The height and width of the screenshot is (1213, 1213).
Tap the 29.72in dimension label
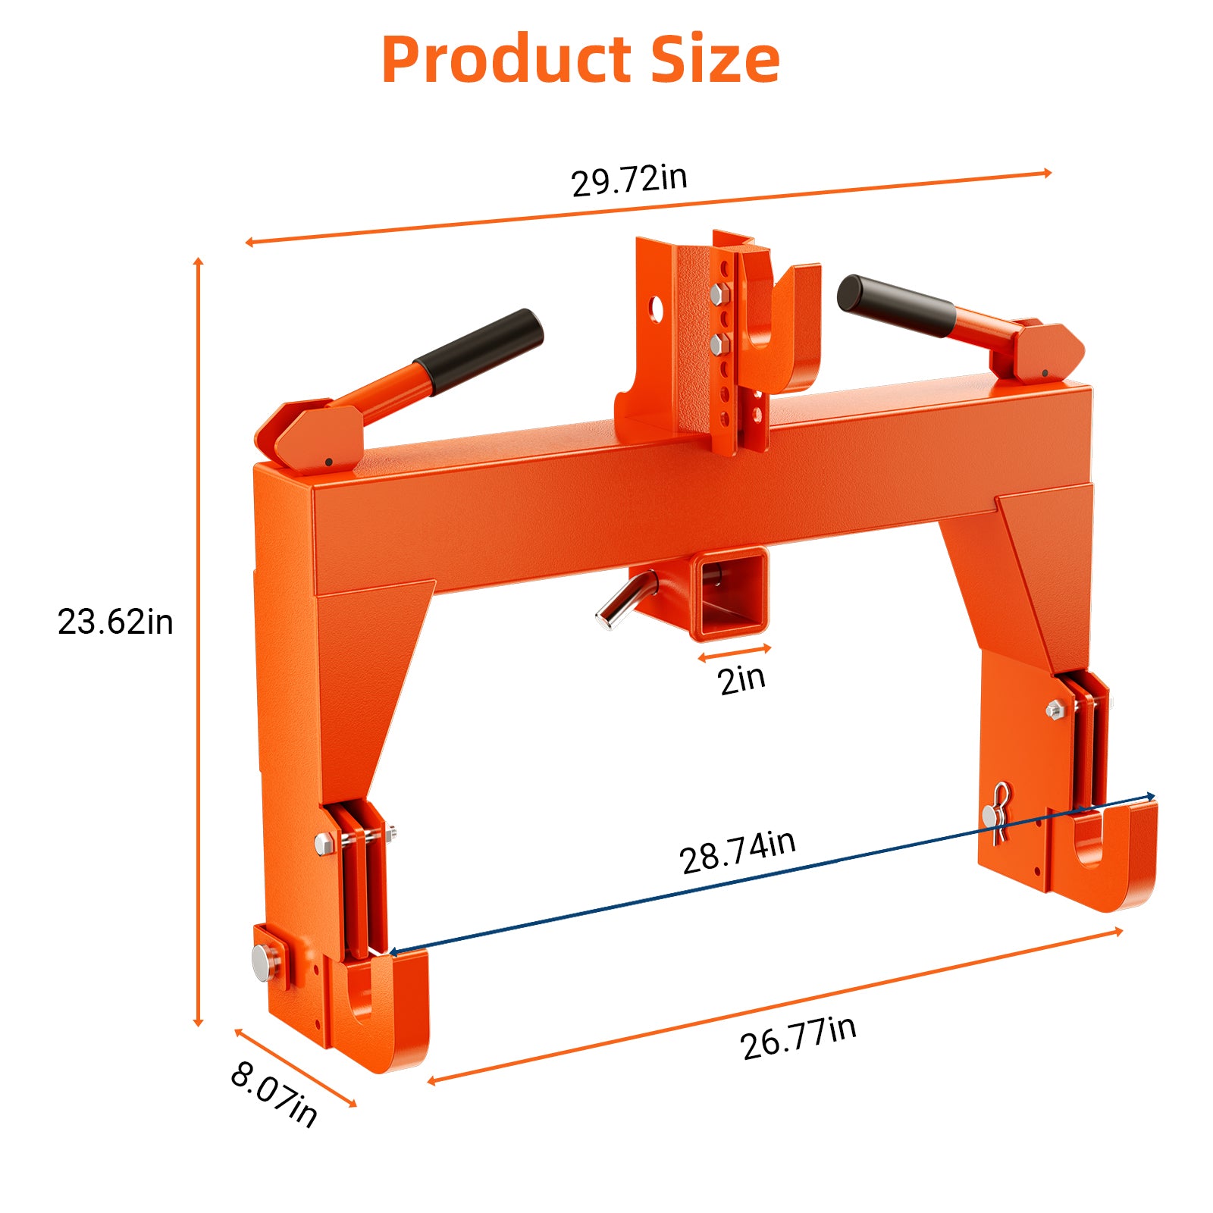628,180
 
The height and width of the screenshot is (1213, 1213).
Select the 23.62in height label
115,622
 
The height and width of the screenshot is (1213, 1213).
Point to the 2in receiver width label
741,679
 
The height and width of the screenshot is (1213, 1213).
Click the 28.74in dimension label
737,852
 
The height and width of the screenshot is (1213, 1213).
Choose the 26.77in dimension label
798,1037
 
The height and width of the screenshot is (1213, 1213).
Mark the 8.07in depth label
274,1094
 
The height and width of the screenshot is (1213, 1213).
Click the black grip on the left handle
479,352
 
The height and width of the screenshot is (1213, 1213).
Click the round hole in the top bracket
656,309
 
